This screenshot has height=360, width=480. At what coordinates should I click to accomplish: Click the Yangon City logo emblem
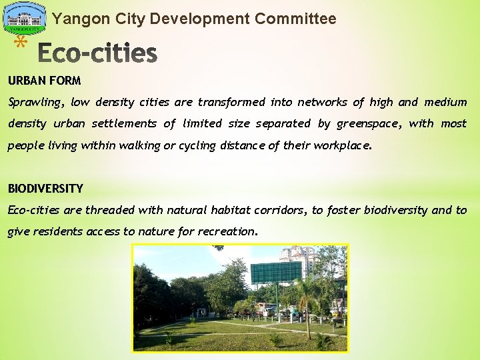click(25, 19)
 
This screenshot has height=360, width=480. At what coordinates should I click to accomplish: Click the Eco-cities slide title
click(97, 53)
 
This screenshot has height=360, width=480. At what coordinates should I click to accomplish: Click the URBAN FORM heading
click(45, 81)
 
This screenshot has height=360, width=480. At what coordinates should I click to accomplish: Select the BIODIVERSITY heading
click(45, 189)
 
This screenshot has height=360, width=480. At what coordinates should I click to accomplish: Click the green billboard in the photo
click(276, 272)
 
